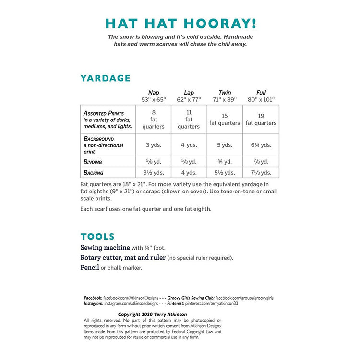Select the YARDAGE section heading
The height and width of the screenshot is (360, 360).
(x=105, y=78)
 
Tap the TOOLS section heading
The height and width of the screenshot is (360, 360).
(x=97, y=236)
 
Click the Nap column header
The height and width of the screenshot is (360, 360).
(x=154, y=93)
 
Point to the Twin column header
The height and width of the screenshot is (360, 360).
(x=225, y=93)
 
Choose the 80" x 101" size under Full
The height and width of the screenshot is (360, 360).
(x=261, y=99)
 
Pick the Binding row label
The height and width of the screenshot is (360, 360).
(x=93, y=162)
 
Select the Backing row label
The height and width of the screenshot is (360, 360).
(x=93, y=172)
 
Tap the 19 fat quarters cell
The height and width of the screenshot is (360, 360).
(x=261, y=120)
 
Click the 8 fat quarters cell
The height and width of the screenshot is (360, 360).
(x=154, y=120)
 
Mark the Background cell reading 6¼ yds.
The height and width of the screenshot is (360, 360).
(x=261, y=145)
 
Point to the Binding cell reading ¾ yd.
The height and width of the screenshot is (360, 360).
(x=225, y=162)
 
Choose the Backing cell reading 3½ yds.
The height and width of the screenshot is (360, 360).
(x=154, y=173)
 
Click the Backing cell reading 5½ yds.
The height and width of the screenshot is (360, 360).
(x=225, y=173)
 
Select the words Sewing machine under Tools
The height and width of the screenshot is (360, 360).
(x=105, y=248)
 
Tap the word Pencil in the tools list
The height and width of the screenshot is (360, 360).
(x=89, y=267)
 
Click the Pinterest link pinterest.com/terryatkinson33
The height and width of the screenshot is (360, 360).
(x=212, y=304)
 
